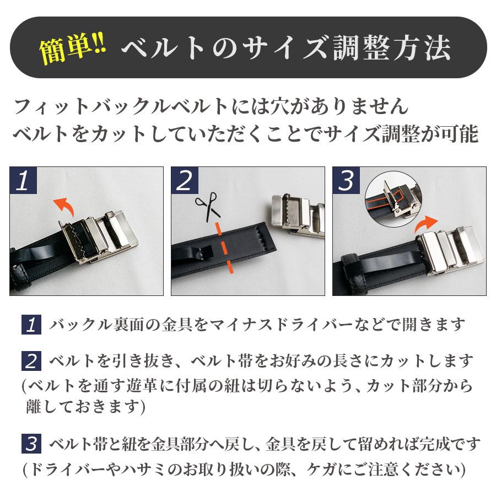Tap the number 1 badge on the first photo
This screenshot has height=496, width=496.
pyautogui.click(x=23, y=180)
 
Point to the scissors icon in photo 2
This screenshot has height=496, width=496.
pyautogui.click(x=205, y=208)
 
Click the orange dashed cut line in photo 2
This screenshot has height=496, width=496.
pyautogui.click(x=225, y=248)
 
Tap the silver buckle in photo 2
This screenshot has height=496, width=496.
pyautogui.click(x=298, y=215)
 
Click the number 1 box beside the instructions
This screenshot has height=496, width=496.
pyautogui.click(x=31, y=325)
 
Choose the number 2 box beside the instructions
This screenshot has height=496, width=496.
pyautogui.click(x=31, y=362)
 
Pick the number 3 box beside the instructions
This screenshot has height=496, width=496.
pyautogui.click(x=31, y=444)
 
